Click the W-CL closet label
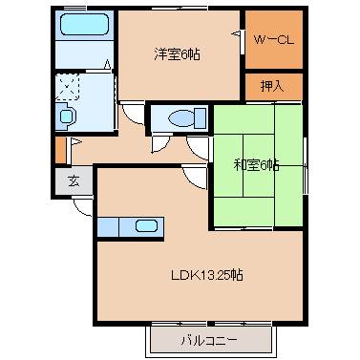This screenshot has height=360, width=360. [273, 40]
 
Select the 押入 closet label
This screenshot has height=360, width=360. [273, 86]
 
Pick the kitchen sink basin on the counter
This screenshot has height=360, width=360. [146, 226]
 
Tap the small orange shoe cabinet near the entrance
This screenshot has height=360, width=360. [60, 151]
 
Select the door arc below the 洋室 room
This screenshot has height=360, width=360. [130, 113]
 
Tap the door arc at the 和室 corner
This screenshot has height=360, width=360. [198, 146]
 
